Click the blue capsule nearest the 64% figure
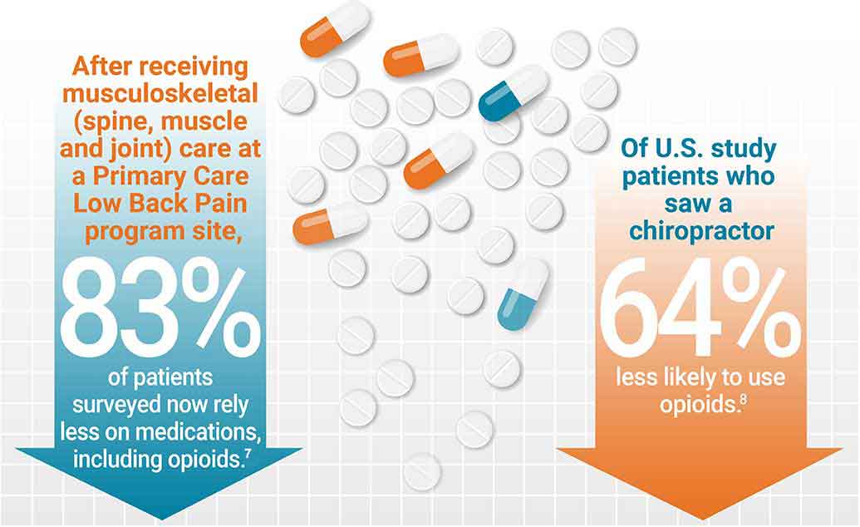tap(523, 292)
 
